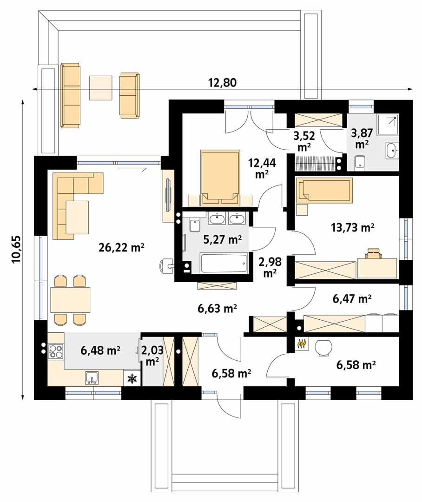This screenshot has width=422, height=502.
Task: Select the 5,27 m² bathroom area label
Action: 222,239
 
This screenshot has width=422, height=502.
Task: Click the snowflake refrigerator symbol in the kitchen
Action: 132,379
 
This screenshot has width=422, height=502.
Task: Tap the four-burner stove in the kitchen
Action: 56,351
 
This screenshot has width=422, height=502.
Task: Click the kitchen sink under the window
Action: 91,378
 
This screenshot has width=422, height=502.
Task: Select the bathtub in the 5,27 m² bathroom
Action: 223,264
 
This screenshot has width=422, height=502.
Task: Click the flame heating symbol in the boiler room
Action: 302,344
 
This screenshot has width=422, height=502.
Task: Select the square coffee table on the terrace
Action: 101,87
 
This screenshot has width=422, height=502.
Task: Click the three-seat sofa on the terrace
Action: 71,95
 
